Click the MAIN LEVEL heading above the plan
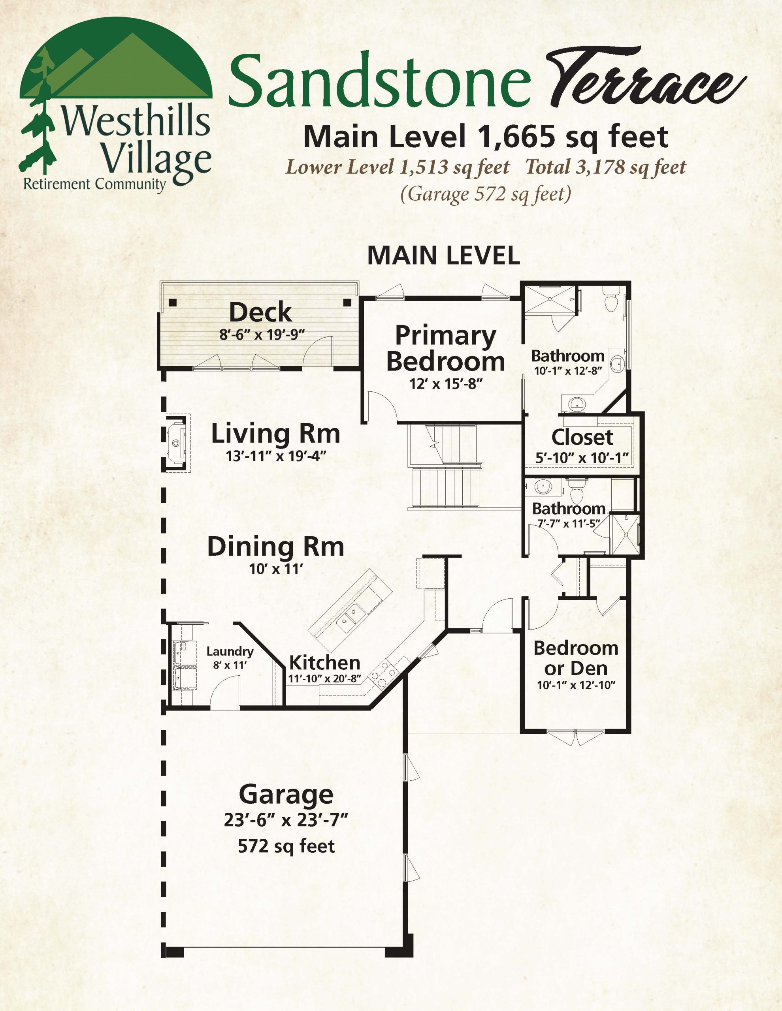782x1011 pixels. click(x=444, y=256)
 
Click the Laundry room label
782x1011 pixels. click(x=230, y=651)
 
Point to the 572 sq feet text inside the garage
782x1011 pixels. click(x=286, y=846)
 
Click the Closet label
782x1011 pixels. click(x=582, y=438)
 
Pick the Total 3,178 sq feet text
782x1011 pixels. click(x=606, y=167)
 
